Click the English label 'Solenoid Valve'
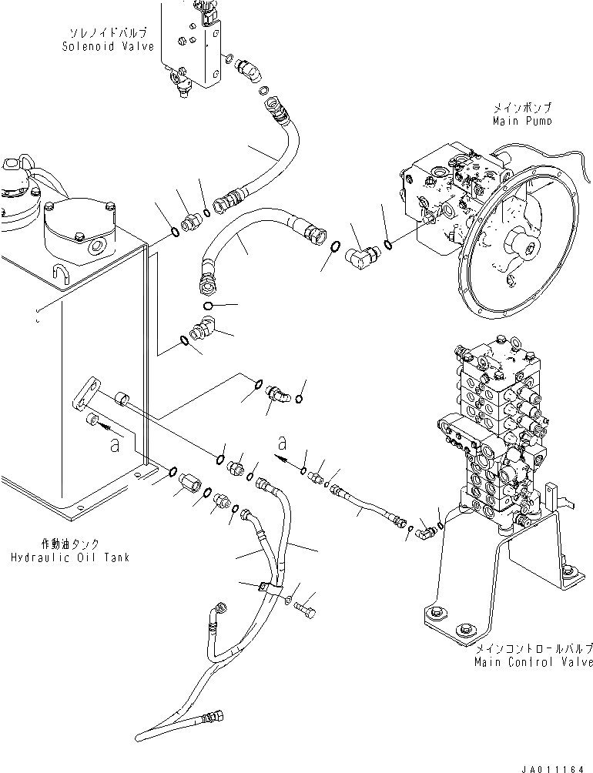108,46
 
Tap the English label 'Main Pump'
523,121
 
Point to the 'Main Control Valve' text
534,661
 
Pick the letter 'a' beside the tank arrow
114,444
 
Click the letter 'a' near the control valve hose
283,443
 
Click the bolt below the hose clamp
304,611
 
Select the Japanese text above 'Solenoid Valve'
108,35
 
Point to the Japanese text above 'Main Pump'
523,109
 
